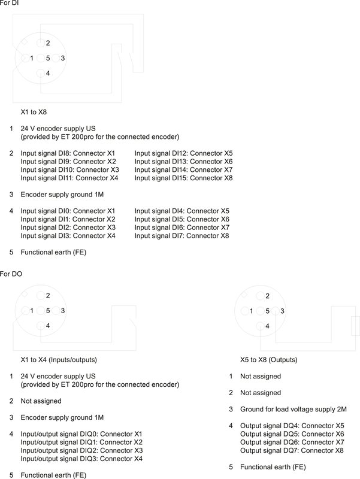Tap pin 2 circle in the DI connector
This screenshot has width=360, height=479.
click(40, 43)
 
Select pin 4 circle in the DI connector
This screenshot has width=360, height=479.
click(40, 73)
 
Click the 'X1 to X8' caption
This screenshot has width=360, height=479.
click(34, 112)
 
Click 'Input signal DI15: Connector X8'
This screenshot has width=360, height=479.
click(183, 178)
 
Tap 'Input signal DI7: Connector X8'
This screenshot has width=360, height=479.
click(181, 236)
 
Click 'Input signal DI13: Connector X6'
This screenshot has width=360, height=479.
click(183, 162)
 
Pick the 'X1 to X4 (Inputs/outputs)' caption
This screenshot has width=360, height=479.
click(59, 360)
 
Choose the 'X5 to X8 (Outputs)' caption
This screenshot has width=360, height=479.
click(268, 360)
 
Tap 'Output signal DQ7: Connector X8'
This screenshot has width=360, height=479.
click(292, 450)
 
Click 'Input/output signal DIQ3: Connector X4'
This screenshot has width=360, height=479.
click(81, 459)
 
